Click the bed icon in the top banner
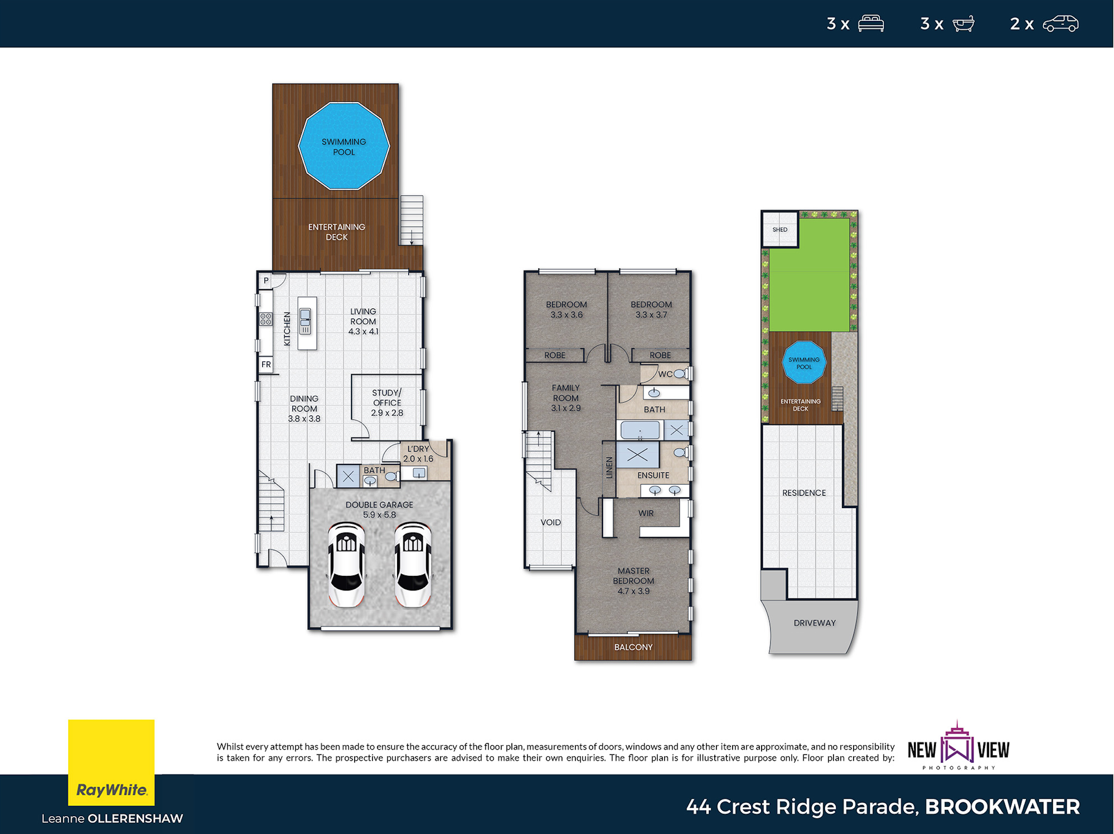(x=871, y=24)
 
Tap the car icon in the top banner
(x=1060, y=24)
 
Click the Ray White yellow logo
(x=111, y=762)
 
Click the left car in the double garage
(x=347, y=564)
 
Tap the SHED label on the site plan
(x=779, y=229)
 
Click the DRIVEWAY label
(x=814, y=623)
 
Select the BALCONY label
(x=633, y=647)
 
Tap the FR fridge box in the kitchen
(x=266, y=364)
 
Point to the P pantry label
(x=266, y=280)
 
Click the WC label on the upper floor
(x=665, y=374)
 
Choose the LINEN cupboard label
(x=609, y=467)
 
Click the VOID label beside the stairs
(x=550, y=522)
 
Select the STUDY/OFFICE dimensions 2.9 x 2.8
(x=387, y=413)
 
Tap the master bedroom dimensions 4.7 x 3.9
(x=633, y=591)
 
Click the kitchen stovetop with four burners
(x=265, y=319)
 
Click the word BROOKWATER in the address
(x=1002, y=807)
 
